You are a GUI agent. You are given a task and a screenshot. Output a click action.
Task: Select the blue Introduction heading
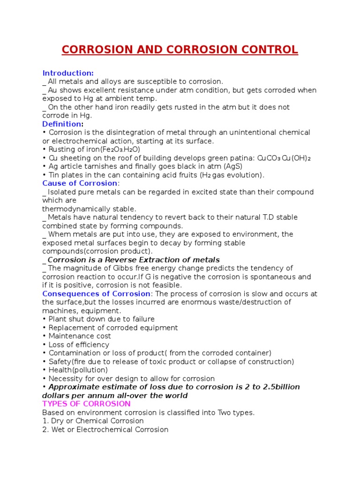68,73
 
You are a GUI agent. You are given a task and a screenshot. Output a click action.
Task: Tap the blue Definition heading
62,124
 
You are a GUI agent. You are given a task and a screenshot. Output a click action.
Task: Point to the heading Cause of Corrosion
80,183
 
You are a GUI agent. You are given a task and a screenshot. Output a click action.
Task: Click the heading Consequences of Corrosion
96,294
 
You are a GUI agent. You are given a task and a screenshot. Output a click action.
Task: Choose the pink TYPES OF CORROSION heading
86,404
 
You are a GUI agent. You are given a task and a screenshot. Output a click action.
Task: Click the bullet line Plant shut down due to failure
94,319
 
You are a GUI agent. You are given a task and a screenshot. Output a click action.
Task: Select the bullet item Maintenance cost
79,336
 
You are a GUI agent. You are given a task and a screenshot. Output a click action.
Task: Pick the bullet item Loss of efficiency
78,345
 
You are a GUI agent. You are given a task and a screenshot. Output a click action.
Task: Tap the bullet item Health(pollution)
77,370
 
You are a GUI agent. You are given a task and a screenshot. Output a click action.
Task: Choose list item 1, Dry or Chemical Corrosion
93,421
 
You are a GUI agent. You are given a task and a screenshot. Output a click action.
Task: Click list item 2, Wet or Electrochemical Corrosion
105,429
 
